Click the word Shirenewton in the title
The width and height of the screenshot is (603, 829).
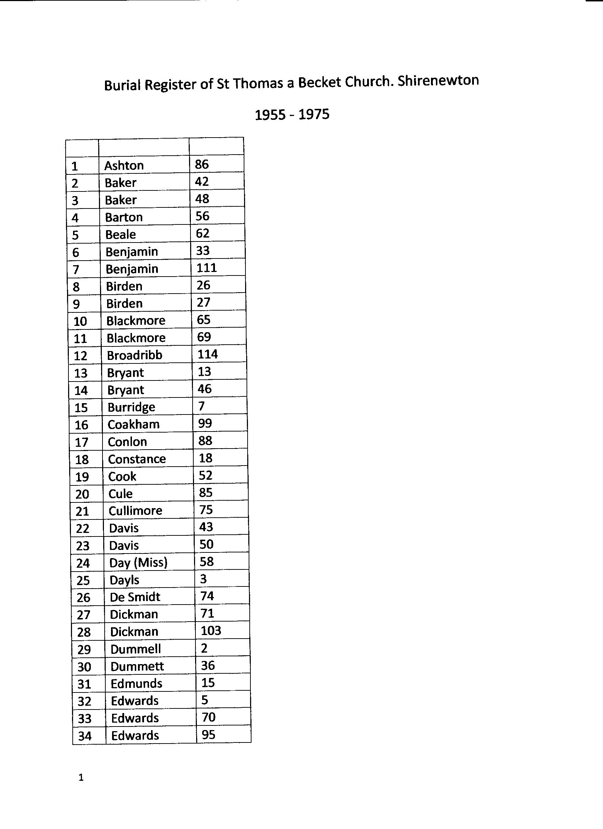point(438,80)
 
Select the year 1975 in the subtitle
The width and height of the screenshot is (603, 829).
point(314,115)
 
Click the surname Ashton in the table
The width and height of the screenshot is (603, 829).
point(124,166)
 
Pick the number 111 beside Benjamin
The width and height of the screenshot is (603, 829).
point(206,268)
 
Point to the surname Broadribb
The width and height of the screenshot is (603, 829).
point(134,355)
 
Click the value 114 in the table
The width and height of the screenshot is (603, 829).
point(208,354)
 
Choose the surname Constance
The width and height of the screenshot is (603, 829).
point(137,459)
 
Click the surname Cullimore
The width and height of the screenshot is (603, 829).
point(135,511)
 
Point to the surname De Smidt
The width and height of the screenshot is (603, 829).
point(135,597)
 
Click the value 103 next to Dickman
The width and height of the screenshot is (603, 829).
point(211,631)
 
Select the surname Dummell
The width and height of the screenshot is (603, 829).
point(135,650)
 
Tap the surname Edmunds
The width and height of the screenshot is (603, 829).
point(136,684)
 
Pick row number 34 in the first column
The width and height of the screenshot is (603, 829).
point(84,736)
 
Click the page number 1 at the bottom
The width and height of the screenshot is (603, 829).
point(81,778)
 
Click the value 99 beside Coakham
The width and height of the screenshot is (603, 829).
point(205,423)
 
